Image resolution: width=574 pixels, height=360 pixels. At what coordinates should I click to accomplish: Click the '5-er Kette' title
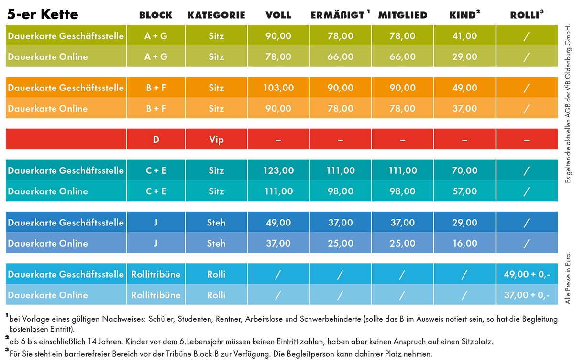tap(43, 15)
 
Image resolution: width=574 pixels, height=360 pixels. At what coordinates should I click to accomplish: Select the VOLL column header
tap(278, 15)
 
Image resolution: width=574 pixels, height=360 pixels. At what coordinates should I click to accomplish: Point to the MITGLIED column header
tap(402, 15)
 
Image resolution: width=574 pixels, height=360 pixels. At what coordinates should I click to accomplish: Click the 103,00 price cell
tap(278, 88)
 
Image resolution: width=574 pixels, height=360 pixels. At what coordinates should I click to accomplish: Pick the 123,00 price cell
tap(278, 171)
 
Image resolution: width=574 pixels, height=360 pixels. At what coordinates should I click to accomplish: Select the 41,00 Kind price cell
tap(464, 36)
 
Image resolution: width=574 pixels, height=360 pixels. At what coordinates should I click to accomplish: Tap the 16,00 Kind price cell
tap(464, 243)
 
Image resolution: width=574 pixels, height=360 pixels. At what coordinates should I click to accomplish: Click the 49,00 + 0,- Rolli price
tap(527, 274)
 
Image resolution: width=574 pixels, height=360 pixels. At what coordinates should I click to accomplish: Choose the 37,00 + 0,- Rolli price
tap(527, 295)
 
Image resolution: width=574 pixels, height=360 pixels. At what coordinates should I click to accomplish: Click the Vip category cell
tap(216, 140)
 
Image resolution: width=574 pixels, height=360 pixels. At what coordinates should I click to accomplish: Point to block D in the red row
tap(156, 140)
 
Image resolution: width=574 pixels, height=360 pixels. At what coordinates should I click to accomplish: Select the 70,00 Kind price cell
tap(464, 171)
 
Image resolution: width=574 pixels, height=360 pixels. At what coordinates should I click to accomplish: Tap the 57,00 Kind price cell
tap(464, 191)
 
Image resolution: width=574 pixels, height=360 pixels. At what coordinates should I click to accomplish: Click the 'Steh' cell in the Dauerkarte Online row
tap(216, 243)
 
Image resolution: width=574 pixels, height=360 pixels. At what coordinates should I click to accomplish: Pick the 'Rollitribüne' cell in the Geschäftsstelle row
tap(156, 274)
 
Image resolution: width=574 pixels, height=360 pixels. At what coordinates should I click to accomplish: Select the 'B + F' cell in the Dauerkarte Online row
tap(156, 109)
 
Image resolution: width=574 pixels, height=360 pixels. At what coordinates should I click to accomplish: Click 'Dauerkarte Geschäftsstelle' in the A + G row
tap(66, 36)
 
